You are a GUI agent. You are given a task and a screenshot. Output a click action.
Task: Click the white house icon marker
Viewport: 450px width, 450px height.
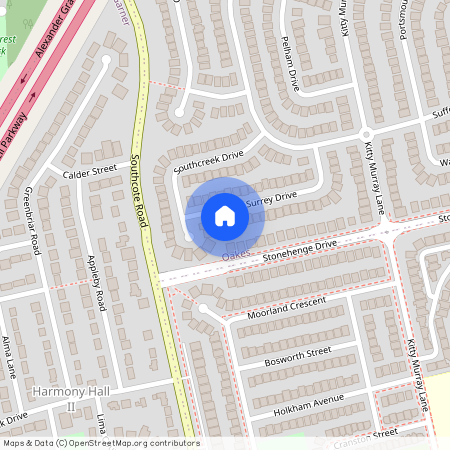click(225, 215)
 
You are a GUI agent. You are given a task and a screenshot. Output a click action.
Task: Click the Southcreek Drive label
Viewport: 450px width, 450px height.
click(208, 162)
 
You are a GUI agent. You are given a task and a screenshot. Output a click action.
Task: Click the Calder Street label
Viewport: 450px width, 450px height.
click(90, 171)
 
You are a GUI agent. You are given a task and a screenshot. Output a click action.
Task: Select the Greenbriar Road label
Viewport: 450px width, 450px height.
click(31, 219)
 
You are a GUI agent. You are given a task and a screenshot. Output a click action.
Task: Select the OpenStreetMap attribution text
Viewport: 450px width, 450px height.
click(99, 442)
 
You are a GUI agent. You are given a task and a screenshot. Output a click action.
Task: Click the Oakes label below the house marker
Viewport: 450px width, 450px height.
click(234, 257)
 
